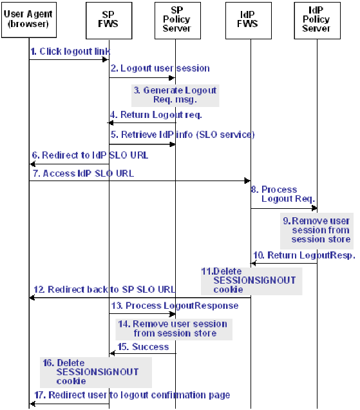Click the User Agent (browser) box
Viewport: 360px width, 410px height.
point(29,19)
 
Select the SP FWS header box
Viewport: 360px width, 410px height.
point(109,19)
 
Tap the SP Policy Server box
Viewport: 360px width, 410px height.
point(176,19)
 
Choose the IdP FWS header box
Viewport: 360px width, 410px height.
point(250,19)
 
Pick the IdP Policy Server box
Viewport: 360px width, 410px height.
point(316,19)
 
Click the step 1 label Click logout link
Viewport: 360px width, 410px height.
point(70,51)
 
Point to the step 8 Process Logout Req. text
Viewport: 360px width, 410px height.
point(279,194)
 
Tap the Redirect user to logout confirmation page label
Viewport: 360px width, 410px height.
point(133,395)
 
